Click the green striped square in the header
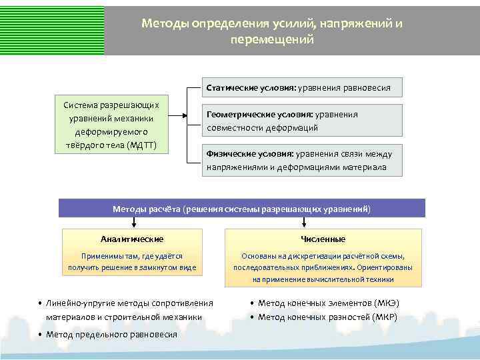[x=52, y=28]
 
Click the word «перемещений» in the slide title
[x=271, y=40]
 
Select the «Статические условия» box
[x=302, y=87]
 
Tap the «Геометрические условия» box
[x=302, y=121]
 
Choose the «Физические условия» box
[x=302, y=160]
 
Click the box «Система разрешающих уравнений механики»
[x=111, y=125]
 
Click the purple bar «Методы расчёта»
[x=241, y=208]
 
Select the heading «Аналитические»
[x=132, y=239]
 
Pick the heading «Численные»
[x=323, y=239]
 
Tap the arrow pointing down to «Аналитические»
[x=133, y=223]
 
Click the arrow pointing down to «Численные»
[x=323, y=223]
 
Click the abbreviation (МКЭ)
[x=387, y=303]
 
